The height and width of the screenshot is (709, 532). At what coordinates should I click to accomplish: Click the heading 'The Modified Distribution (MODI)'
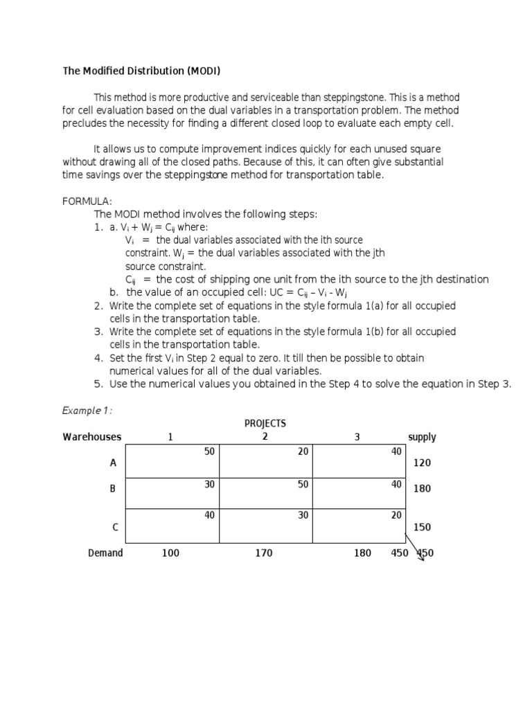point(142,71)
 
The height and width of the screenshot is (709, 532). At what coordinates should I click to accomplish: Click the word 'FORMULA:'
point(87,201)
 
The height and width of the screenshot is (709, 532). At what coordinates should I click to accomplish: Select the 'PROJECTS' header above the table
point(265,423)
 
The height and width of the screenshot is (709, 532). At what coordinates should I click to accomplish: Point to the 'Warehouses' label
point(91,437)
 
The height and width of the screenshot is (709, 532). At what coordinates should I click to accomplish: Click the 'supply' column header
point(422,437)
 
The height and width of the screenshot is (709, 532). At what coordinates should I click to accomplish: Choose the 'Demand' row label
point(105,553)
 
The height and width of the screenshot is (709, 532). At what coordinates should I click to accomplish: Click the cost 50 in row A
point(209,451)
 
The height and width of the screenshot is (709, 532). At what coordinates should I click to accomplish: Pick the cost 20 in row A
point(303,451)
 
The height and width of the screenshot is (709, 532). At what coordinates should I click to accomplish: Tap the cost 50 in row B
point(303,484)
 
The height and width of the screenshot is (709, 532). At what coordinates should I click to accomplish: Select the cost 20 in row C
point(396,515)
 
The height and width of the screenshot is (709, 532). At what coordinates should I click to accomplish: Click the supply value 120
point(422,463)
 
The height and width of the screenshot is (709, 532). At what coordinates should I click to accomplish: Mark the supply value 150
point(422,527)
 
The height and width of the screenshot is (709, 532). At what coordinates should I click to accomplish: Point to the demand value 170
point(264,553)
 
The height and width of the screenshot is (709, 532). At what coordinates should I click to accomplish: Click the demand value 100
point(171,553)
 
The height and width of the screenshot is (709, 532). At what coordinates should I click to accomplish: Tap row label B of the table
point(113,488)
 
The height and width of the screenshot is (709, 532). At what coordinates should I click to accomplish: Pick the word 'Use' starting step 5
point(118,384)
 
